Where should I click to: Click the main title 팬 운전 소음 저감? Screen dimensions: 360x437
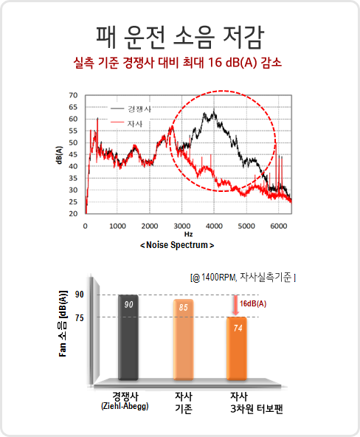[179, 38]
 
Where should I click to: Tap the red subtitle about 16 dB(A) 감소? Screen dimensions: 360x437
[177, 63]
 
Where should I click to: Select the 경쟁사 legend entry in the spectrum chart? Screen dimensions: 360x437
[131, 109]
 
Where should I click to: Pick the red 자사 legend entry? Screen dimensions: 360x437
[127, 123]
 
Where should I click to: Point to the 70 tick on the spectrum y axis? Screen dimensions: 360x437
[73, 95]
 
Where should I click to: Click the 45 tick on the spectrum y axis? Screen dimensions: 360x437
[73, 154]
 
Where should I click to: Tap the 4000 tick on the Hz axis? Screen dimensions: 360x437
[214, 226]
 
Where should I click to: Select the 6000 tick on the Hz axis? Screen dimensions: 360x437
[278, 226]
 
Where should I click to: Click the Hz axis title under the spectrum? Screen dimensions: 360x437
[188, 234]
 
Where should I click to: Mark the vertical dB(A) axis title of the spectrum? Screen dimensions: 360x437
[59, 155]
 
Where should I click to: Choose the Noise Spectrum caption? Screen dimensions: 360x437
[177, 245]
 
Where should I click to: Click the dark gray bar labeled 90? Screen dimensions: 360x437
[128, 337]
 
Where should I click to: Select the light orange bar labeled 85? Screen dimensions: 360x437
[183, 340]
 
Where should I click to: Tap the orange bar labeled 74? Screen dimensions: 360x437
[237, 348]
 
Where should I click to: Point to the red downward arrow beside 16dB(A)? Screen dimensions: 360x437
[236, 305]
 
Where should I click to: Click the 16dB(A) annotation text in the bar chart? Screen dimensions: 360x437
[253, 303]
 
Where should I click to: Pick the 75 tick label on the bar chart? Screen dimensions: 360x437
[80, 317]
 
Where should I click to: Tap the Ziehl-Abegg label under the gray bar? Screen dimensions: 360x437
[125, 406]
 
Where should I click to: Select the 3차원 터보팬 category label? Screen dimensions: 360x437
[257, 409]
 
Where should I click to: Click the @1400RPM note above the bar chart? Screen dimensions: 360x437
[243, 278]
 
